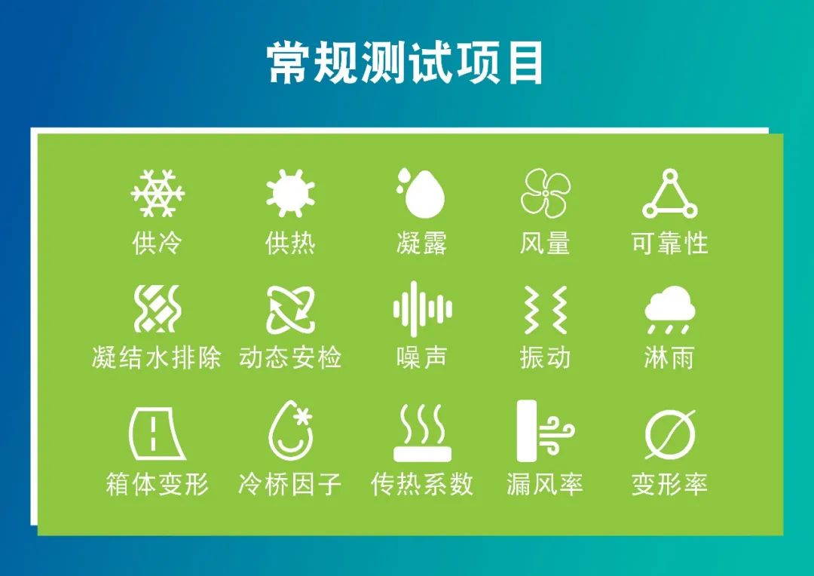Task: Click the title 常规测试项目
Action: coord(405,63)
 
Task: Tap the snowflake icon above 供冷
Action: coord(158,193)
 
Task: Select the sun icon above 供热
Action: coord(290,193)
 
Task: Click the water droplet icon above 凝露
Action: coord(421,192)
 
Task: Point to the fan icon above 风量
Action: coord(546,193)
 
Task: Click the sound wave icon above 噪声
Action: coord(422,310)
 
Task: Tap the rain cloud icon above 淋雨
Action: coord(670,309)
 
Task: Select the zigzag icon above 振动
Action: coord(545,310)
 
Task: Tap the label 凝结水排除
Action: coord(156,358)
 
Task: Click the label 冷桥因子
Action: coord(289,484)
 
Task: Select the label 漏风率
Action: coord(545,484)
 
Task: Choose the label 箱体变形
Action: coord(158,484)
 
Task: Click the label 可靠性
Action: coord(670,243)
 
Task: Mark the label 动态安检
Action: coord(290,358)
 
